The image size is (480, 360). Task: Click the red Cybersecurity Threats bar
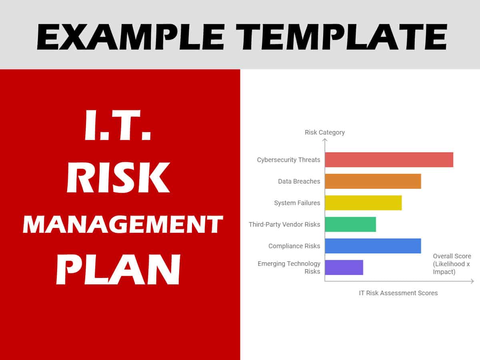coord(389,160)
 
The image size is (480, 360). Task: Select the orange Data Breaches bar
coord(373,181)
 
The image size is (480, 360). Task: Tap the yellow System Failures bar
coord(363,203)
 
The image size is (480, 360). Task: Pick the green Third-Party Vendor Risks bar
coord(350,224)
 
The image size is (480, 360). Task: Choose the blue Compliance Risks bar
coord(373,246)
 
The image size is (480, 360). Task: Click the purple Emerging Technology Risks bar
coord(344,268)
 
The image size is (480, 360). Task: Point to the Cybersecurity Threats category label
coord(288,160)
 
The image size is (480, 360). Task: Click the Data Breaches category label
coord(299,182)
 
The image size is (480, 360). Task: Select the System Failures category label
coord(297,203)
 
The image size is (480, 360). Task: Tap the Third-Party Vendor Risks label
coord(284,224)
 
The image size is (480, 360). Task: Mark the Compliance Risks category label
coord(294,246)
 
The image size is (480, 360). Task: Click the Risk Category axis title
coord(324,132)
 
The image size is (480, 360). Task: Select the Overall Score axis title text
coord(452,264)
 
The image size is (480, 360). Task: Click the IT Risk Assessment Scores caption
coord(398,293)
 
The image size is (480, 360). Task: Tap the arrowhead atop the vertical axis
coord(325,140)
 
